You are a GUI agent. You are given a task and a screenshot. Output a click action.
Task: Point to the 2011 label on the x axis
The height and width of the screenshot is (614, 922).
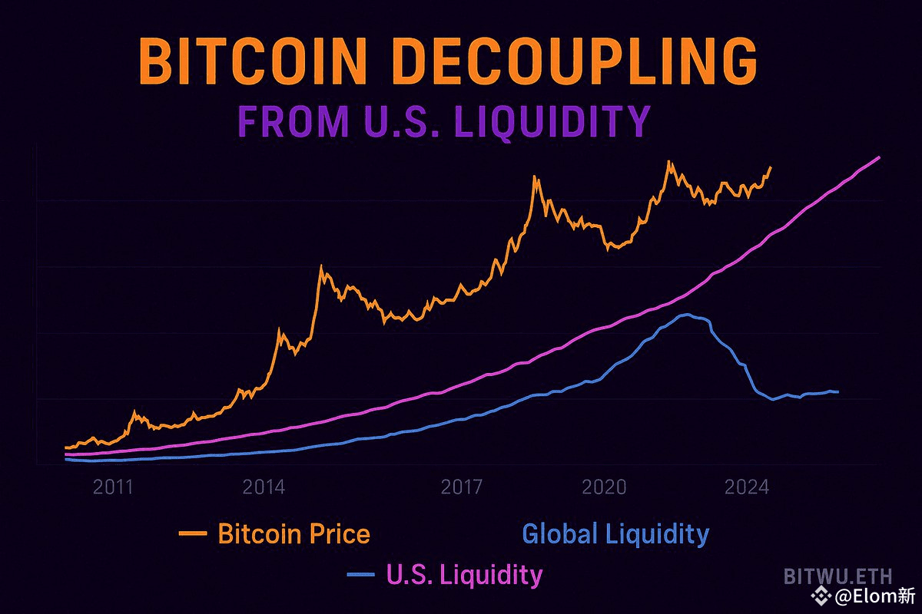pos(113,487)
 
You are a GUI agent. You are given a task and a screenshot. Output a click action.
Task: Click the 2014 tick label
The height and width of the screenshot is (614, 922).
pos(263,487)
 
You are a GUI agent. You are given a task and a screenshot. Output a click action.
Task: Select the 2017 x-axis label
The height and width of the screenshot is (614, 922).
pos(462,487)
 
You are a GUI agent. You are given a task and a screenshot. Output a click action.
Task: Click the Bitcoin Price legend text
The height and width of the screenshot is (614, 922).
pos(294,533)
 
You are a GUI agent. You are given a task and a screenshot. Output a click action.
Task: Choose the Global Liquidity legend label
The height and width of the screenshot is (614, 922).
pos(615,533)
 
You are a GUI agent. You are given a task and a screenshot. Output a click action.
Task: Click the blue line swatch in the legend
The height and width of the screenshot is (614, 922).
pos(361,574)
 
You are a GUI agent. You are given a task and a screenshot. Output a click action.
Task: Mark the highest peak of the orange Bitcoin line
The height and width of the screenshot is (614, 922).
pos(669,162)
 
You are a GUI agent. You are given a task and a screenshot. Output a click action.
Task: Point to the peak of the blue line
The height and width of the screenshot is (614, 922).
pos(687,315)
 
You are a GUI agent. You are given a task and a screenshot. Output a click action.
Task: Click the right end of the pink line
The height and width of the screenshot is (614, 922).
pos(878,157)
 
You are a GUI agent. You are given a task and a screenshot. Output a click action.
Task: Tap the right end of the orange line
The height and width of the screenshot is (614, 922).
pos(771,167)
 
